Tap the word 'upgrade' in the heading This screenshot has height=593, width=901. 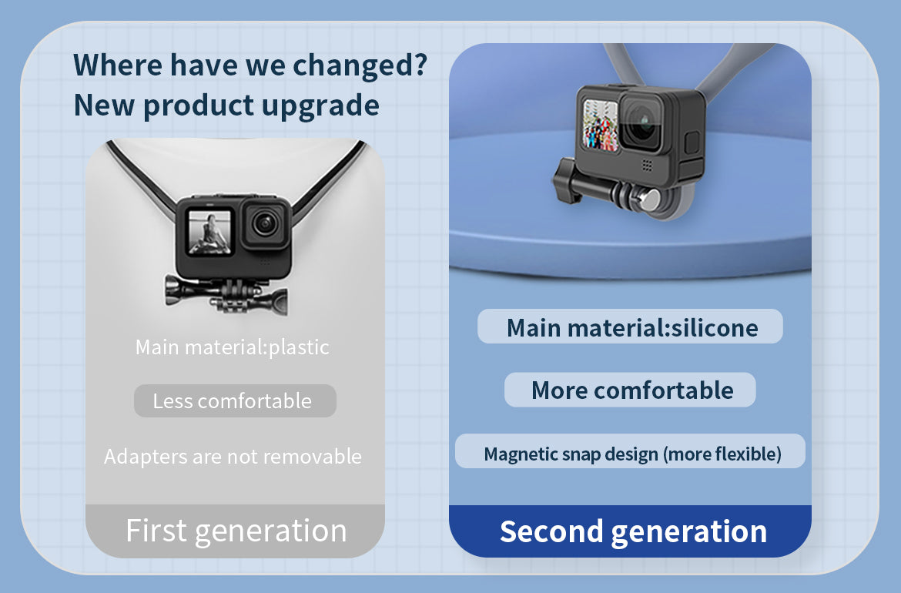pos(320,106)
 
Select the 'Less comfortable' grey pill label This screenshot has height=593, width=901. pos(235,400)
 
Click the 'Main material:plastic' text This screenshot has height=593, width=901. pos(232,347)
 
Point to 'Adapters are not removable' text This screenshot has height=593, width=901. pos(233,456)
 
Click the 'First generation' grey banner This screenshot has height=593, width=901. pos(235,531)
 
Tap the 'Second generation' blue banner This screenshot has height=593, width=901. pos(631,531)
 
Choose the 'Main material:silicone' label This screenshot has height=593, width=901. pos(631,327)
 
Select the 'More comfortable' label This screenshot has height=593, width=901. pos(631,390)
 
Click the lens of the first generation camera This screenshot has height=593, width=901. pos(265,223)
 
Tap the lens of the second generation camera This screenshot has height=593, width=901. pos(642,123)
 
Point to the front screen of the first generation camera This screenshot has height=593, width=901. pos(209,232)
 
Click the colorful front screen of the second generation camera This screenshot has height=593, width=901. pos(601,125)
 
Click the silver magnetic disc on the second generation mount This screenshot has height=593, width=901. pos(649,200)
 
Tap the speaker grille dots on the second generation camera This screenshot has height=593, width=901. pos(647,166)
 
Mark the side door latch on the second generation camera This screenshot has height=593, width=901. pos(692,142)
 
